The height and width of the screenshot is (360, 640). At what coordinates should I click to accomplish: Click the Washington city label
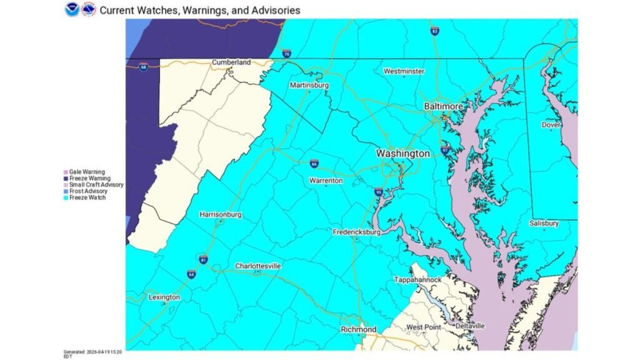point(402,153)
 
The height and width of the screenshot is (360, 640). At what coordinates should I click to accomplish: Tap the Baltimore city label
point(444,107)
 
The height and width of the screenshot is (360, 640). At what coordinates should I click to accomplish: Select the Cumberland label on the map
point(231,62)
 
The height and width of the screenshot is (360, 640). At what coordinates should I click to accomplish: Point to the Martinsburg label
point(309,85)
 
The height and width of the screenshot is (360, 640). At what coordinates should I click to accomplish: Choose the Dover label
point(551,125)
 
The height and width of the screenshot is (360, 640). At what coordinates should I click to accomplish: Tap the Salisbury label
point(544,223)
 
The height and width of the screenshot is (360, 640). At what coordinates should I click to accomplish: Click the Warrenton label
point(326,181)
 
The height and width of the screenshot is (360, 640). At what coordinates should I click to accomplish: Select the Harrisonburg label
point(220,214)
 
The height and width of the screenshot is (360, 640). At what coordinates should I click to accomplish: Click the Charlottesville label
point(257,266)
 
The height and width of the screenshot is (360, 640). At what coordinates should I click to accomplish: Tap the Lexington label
point(164,297)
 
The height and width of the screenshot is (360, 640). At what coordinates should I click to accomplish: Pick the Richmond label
point(359,329)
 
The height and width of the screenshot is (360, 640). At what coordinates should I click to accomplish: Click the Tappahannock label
point(417,279)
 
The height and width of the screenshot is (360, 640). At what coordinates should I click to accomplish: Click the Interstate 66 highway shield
point(314,164)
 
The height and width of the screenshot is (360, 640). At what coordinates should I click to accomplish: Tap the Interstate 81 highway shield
point(203,259)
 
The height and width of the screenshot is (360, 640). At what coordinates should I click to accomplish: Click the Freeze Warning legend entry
point(91,178)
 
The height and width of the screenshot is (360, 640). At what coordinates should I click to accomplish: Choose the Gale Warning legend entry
point(87,171)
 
